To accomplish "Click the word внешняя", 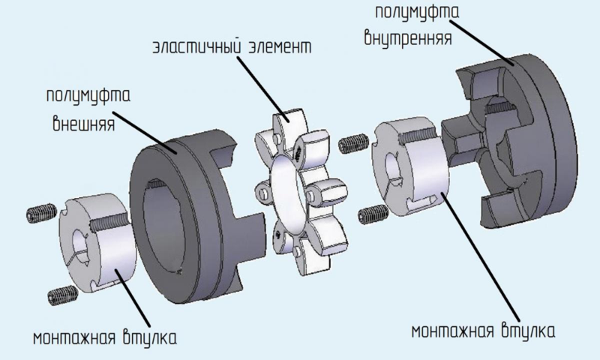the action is click(83, 123).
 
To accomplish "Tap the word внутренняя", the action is click(408, 37).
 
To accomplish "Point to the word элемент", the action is click(280, 47).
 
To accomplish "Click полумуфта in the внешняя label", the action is click(88, 96).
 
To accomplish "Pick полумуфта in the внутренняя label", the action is click(417, 11).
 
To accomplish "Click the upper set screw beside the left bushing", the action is click(41, 213).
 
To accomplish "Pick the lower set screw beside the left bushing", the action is click(62, 295).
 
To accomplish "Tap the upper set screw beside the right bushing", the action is click(353, 144).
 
